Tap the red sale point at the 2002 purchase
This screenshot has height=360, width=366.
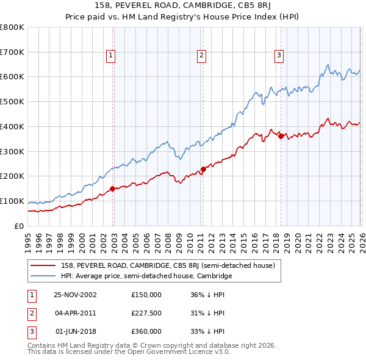tap(113, 189)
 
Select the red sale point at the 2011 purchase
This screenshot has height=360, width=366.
tap(203, 169)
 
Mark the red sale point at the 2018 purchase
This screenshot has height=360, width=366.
tap(281, 136)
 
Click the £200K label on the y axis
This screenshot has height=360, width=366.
tap(12, 176)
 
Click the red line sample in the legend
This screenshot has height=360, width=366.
tap(43, 265)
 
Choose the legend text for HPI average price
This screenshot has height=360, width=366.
tap(146, 276)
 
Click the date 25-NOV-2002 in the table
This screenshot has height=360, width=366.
tap(76, 295)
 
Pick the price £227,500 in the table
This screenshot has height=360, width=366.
tap(146, 313)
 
